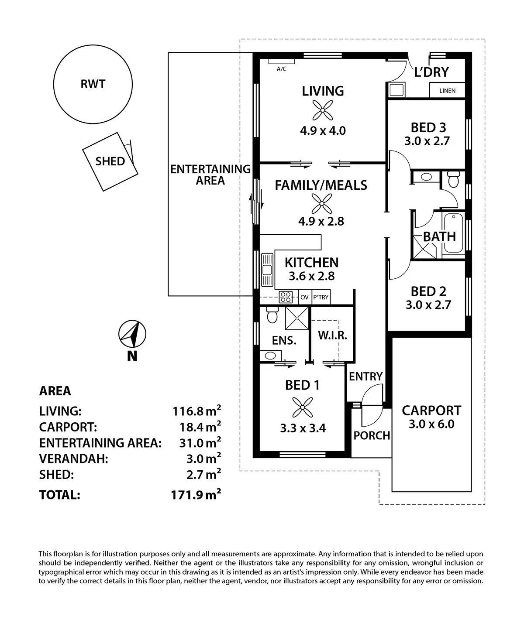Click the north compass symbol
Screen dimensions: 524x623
pos(132,335)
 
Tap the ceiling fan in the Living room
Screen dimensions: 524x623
pos(323,110)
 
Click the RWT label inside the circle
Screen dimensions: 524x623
pos(93,84)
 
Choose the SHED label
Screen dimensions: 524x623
pos(110,161)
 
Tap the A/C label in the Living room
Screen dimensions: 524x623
pos(282,69)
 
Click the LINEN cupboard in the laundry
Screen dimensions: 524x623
pos(447,91)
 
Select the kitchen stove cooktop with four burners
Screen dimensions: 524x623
pos(286,297)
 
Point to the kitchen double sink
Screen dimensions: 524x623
pos(267,270)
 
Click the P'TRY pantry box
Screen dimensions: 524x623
pos(321,298)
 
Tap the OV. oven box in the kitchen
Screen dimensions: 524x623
pos(305,298)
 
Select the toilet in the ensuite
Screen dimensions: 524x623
pos(272,315)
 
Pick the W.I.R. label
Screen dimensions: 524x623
pos(332,335)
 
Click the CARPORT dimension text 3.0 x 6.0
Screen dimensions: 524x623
pos(431,424)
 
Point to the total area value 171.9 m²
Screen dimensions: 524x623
pos(196,495)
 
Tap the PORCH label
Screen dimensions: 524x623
pos(372,435)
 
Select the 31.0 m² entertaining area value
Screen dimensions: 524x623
pos(200,443)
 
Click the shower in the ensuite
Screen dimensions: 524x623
pos(296,318)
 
